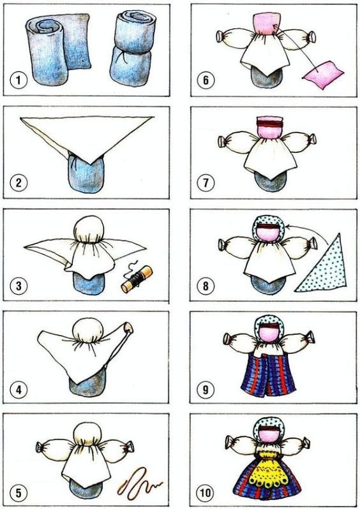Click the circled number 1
19,80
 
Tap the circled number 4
19,389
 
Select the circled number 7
206,183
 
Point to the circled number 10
206,493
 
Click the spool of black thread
137,279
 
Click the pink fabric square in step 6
323,75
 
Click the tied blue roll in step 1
131,48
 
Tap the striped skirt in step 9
267,374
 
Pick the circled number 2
19,182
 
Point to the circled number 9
206,390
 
